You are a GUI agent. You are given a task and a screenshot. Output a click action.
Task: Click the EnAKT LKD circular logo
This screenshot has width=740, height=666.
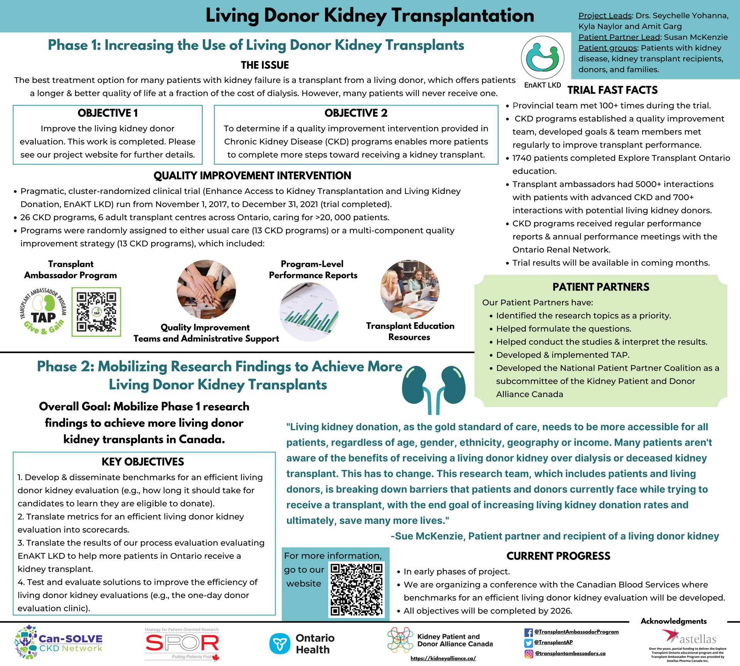(542, 58)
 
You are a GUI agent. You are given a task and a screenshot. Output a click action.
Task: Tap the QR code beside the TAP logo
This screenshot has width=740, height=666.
(96, 312)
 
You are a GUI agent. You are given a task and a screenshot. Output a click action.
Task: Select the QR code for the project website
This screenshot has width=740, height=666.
(357, 589)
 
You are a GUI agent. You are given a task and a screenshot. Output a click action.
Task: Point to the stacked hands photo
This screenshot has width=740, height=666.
(206, 289)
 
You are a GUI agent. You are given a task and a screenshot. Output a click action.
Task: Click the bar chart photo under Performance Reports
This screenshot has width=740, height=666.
(309, 313)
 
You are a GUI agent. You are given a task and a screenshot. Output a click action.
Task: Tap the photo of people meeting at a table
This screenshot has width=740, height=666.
(410, 289)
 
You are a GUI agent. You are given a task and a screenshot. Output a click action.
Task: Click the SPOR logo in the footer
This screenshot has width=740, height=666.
(182, 643)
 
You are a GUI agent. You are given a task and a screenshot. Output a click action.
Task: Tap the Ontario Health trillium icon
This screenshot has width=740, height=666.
(279, 644)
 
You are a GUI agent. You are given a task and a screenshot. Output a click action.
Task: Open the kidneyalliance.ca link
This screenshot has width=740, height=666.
(443, 658)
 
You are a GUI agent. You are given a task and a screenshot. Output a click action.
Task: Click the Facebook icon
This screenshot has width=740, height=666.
(528, 632)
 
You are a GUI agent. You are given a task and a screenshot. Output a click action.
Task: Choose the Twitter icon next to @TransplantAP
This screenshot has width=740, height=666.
(528, 643)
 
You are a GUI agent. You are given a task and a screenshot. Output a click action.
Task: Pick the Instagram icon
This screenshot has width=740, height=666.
(528, 654)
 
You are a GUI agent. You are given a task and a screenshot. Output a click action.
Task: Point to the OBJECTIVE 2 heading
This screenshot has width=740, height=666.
(356, 113)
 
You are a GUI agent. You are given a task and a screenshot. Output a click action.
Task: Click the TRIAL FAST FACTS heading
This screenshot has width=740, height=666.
(612, 90)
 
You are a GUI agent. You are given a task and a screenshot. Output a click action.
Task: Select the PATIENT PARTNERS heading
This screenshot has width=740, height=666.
(600, 287)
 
